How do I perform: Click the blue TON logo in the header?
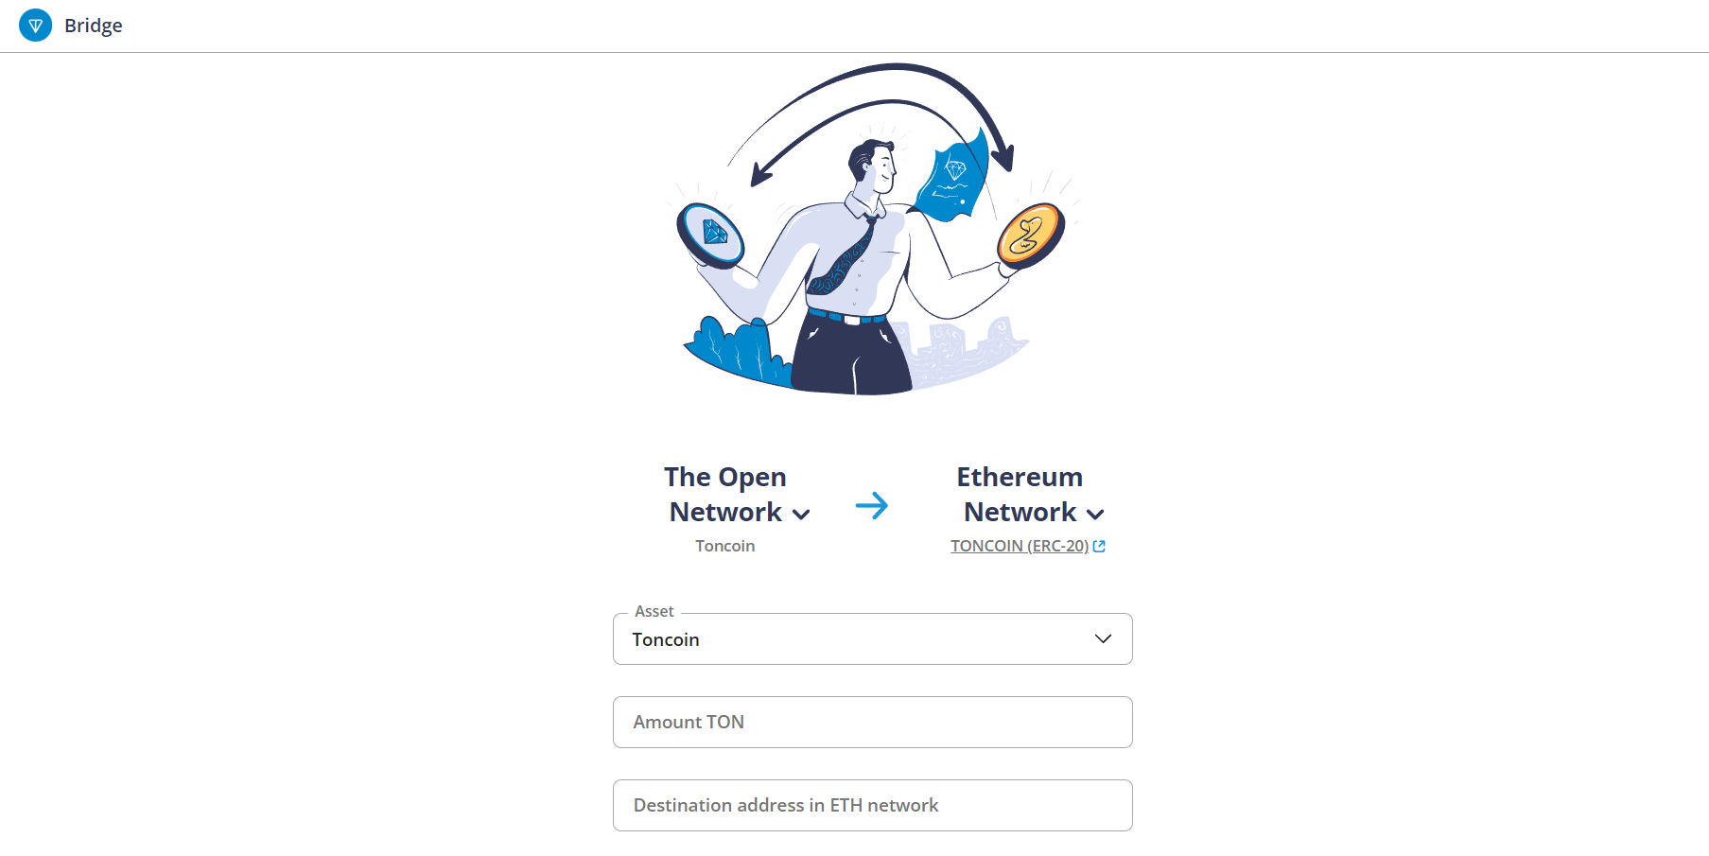36,26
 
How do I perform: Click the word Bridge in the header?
94,26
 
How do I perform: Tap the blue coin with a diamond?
710,235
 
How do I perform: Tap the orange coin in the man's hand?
1031,236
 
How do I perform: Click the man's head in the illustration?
872,166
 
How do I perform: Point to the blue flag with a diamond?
952,177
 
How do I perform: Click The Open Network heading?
725,494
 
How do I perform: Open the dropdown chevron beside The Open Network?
801,515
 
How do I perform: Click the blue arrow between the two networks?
872,506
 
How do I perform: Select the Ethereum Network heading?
1020,494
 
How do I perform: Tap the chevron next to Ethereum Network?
1095,515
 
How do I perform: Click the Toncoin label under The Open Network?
725,546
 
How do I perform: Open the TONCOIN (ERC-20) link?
1020,546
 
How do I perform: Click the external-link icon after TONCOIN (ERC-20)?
1099,546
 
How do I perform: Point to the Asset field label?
654,611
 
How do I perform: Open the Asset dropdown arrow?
1103,638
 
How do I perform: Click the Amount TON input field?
873,722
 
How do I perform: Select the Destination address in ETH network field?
873,805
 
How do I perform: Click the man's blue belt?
847,317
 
